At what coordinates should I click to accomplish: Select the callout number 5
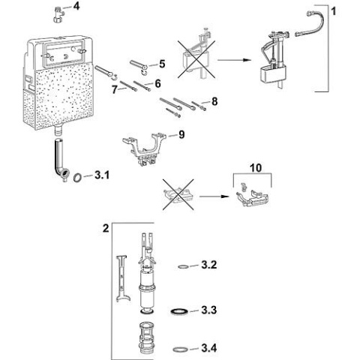161,65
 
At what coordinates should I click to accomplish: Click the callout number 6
158,83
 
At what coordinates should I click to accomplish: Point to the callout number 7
115,89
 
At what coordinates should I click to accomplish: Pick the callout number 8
214,100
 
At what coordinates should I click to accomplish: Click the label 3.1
102,177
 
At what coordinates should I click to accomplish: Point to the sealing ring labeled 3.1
78,178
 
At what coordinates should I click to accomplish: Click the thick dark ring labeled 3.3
178,310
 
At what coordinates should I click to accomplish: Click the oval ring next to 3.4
180,348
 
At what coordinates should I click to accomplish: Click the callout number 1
334,10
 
